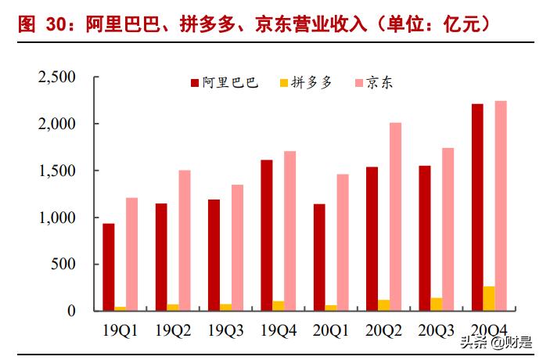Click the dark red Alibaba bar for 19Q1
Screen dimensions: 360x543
click(108, 267)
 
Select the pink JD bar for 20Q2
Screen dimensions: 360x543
click(395, 217)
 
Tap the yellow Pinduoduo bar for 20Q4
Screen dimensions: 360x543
click(488, 298)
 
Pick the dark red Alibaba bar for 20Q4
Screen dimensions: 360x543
click(476, 207)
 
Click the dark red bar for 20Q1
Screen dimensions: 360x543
click(319, 257)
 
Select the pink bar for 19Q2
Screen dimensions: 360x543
click(184, 240)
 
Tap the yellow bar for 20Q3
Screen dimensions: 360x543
click(436, 304)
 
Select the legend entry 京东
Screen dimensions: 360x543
click(379, 82)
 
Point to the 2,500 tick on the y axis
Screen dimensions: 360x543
click(56, 77)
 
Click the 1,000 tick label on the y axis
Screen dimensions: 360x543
click(56, 218)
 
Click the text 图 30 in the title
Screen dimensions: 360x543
click(40, 24)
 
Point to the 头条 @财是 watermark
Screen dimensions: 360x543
click(497, 341)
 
